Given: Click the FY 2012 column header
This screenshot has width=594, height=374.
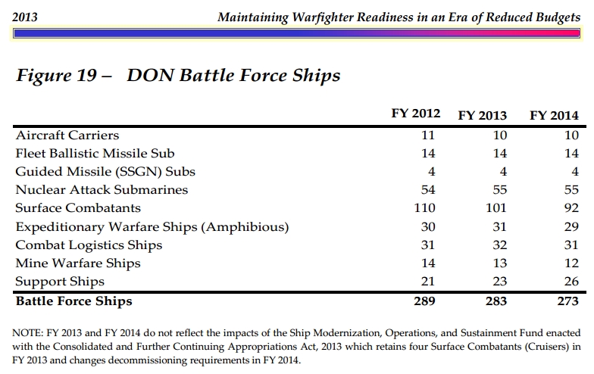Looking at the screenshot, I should coord(415,114).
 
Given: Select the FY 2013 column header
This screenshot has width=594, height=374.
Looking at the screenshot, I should coord(483,116).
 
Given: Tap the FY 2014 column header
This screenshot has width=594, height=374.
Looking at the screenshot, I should coord(554,116).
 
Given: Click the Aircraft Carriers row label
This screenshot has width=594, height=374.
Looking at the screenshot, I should coord(67,136).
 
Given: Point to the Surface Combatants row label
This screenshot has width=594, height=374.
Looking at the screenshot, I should coord(78,208).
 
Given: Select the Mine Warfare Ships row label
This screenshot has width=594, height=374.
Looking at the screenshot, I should coord(78,263).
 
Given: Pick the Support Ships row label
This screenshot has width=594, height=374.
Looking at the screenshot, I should coord(60,282).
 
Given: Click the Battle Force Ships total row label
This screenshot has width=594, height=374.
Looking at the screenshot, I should coord(73,301).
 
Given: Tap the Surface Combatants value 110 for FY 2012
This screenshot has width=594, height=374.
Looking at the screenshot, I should coord(427,208).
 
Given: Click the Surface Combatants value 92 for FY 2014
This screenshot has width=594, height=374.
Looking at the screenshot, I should coord(571,208).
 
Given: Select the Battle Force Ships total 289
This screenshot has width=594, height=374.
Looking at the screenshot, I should coord(427,301).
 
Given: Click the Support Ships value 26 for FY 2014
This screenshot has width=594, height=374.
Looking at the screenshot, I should coord(571,282).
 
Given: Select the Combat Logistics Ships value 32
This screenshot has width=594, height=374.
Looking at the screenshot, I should coord(499,245).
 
